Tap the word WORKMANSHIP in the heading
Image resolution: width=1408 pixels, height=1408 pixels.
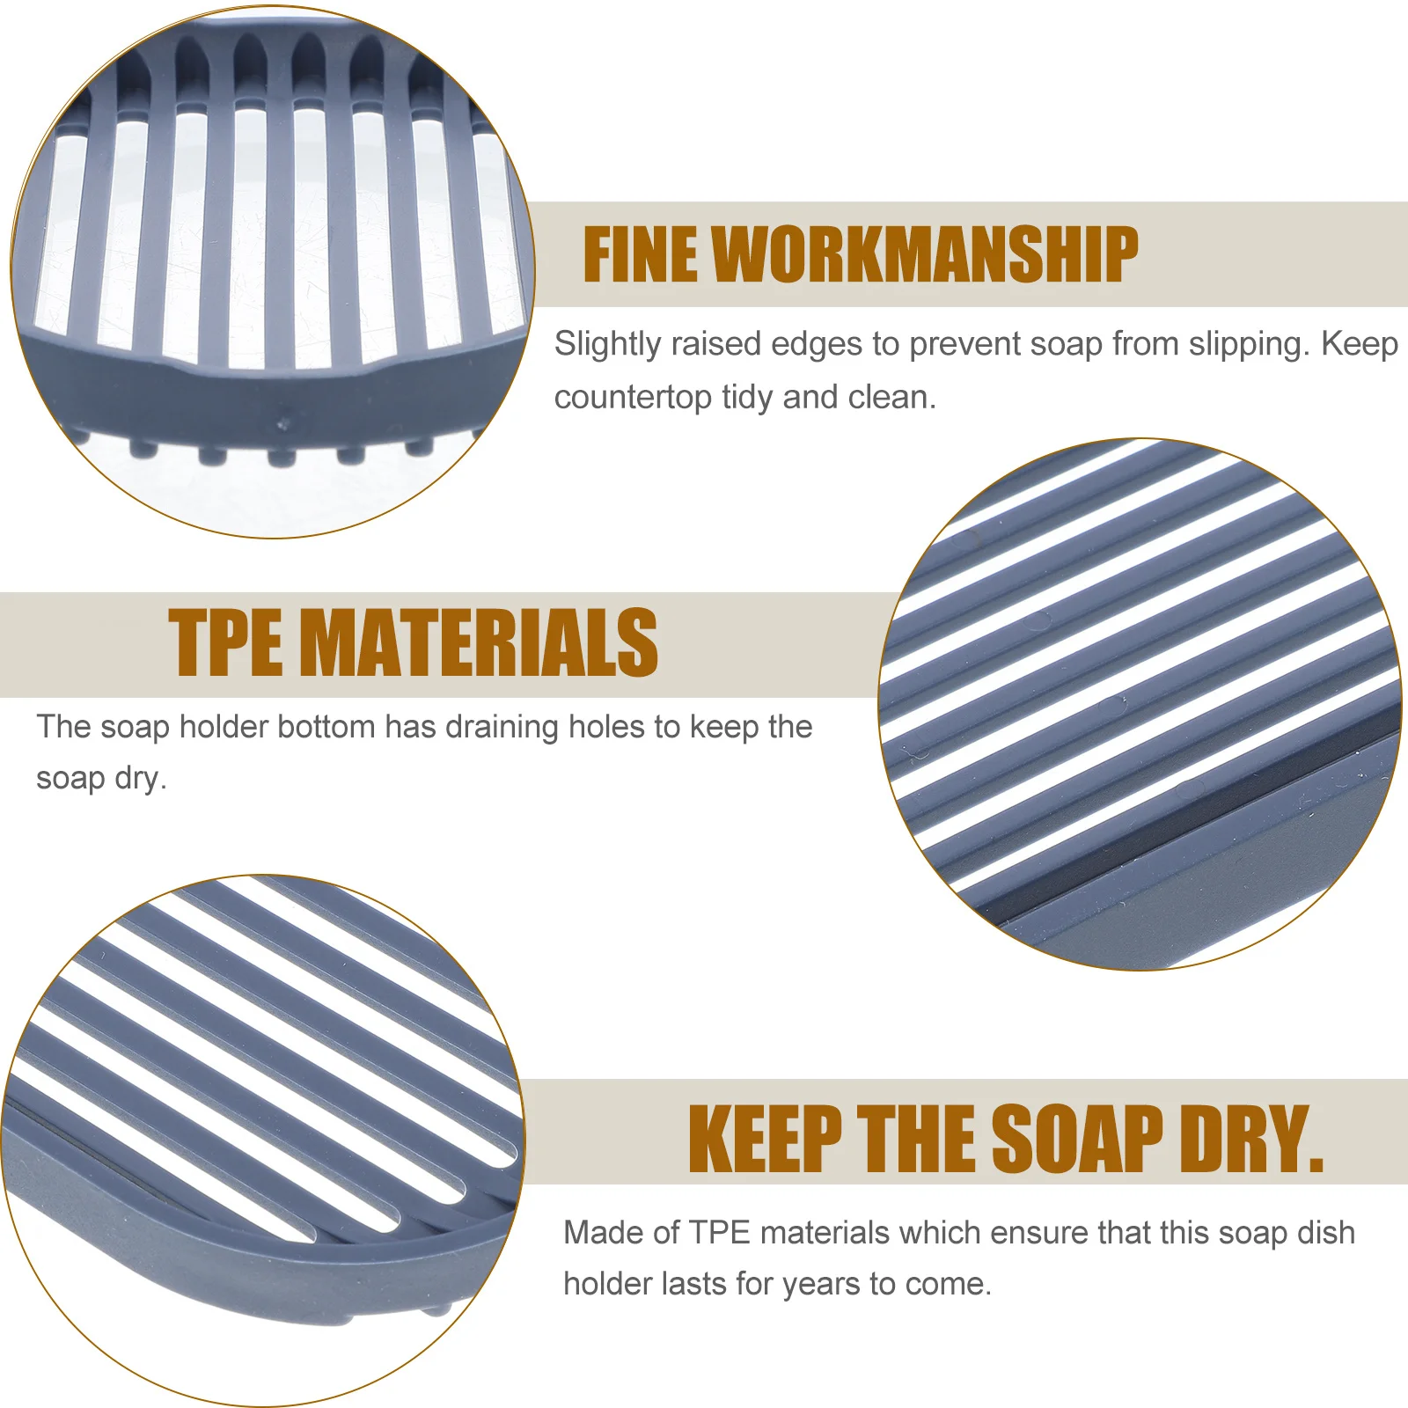(x=926, y=255)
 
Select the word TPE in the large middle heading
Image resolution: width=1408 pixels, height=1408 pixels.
(x=225, y=644)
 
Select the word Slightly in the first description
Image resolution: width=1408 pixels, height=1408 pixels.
(x=607, y=344)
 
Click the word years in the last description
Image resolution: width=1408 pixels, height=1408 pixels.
(x=821, y=1285)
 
